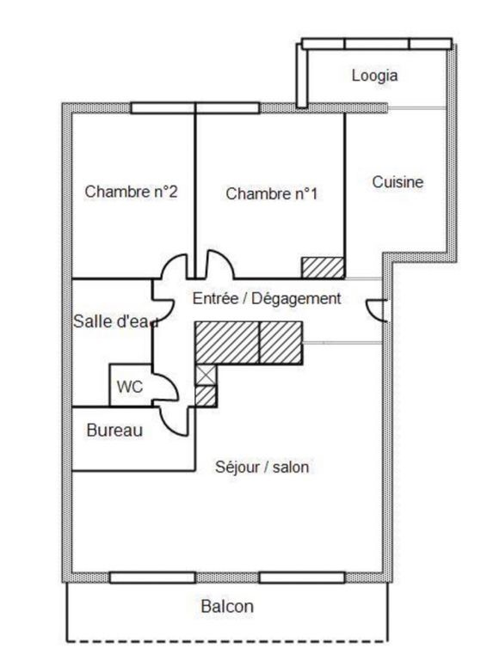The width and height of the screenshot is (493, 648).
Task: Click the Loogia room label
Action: coord(375,76)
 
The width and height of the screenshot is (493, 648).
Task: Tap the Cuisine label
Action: coord(397,182)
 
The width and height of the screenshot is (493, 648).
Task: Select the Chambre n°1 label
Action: coord(271,193)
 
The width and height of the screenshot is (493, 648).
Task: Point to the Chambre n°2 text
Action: coord(131,192)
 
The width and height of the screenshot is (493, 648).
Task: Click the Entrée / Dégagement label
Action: coord(267,298)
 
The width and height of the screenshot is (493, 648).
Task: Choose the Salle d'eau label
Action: coord(115,321)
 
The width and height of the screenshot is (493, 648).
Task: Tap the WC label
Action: coord(129,387)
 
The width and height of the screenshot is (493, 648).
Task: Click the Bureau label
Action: coord(114,431)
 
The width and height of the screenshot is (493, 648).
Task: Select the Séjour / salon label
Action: coord(262,467)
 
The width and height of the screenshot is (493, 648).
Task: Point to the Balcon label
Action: coord(227,607)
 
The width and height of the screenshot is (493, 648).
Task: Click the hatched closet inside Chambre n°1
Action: coord(323,268)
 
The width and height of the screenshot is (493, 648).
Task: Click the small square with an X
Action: coord(205,376)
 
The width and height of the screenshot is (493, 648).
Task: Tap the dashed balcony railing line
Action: coord(227,641)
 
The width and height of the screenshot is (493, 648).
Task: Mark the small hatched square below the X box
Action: coord(205,396)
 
